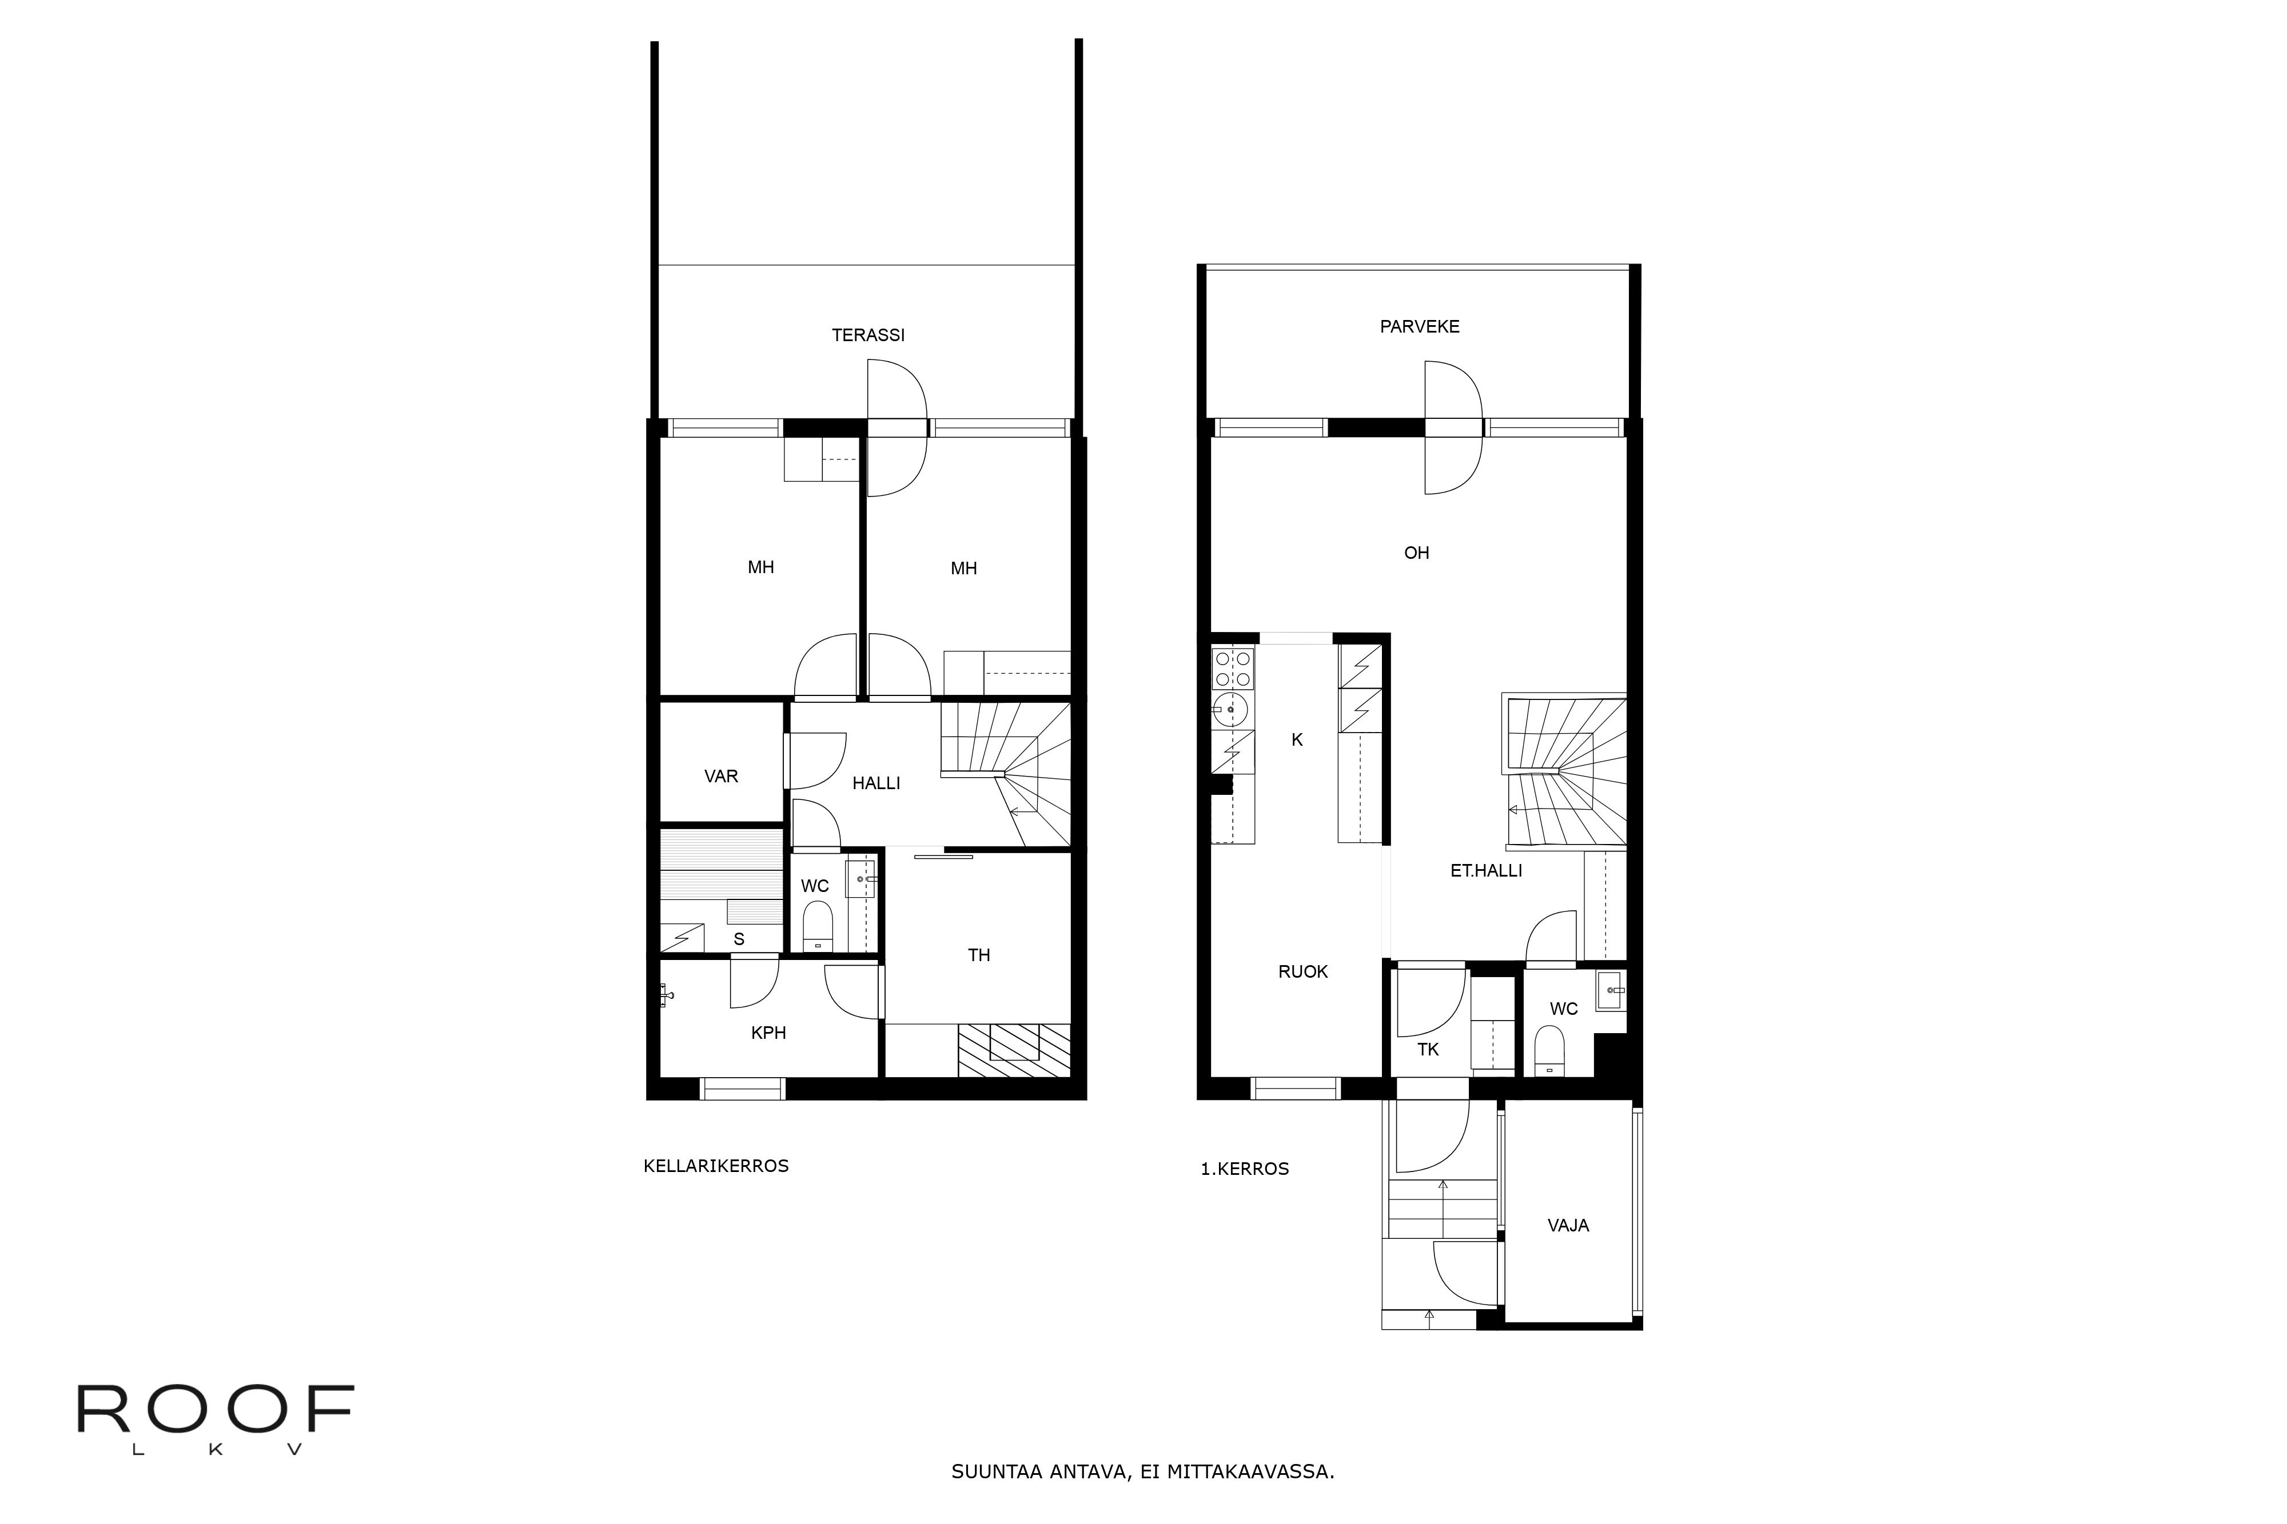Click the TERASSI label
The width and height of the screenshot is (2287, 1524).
868,335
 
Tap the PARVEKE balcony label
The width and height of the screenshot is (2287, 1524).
1420,327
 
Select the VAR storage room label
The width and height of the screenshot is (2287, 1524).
722,777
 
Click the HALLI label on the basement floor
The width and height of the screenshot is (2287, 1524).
876,783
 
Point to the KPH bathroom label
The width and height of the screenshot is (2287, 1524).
768,1033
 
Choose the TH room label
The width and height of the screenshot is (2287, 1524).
979,955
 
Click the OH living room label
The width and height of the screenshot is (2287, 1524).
1417,553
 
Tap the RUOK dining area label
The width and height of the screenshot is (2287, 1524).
1303,972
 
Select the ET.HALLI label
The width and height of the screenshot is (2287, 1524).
1486,871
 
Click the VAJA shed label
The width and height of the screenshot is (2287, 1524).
1568,1226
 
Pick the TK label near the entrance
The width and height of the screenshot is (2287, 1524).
1428,1050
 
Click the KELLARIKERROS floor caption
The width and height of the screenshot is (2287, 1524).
716,1166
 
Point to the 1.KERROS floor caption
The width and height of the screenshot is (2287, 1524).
1245,1169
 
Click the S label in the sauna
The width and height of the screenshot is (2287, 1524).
739,939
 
